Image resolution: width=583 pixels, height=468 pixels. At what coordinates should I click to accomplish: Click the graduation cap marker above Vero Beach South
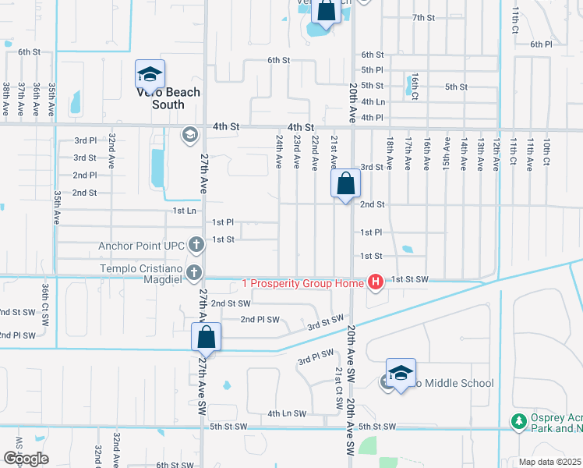(150, 74)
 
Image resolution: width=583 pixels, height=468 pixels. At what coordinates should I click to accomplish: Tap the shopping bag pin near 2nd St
(345, 185)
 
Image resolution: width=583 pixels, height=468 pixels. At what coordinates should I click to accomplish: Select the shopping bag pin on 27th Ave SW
(207, 338)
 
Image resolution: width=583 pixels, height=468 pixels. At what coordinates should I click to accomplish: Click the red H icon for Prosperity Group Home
(375, 282)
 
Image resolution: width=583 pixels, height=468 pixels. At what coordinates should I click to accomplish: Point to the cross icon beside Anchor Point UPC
(195, 246)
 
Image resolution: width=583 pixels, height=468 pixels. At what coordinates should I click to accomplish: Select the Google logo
(26, 458)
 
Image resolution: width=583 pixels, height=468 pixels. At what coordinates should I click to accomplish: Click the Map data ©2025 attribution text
(549, 462)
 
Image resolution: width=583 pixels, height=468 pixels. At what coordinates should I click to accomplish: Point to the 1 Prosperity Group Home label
(302, 282)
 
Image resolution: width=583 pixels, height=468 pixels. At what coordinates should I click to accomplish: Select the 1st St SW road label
(410, 278)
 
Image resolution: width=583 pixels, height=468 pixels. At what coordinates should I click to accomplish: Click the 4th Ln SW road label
(286, 413)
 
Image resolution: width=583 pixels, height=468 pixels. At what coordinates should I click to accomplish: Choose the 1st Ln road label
(185, 211)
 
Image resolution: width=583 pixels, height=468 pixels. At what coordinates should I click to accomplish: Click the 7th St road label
(423, 17)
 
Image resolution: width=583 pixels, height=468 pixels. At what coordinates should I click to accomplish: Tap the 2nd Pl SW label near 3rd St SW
(260, 319)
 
